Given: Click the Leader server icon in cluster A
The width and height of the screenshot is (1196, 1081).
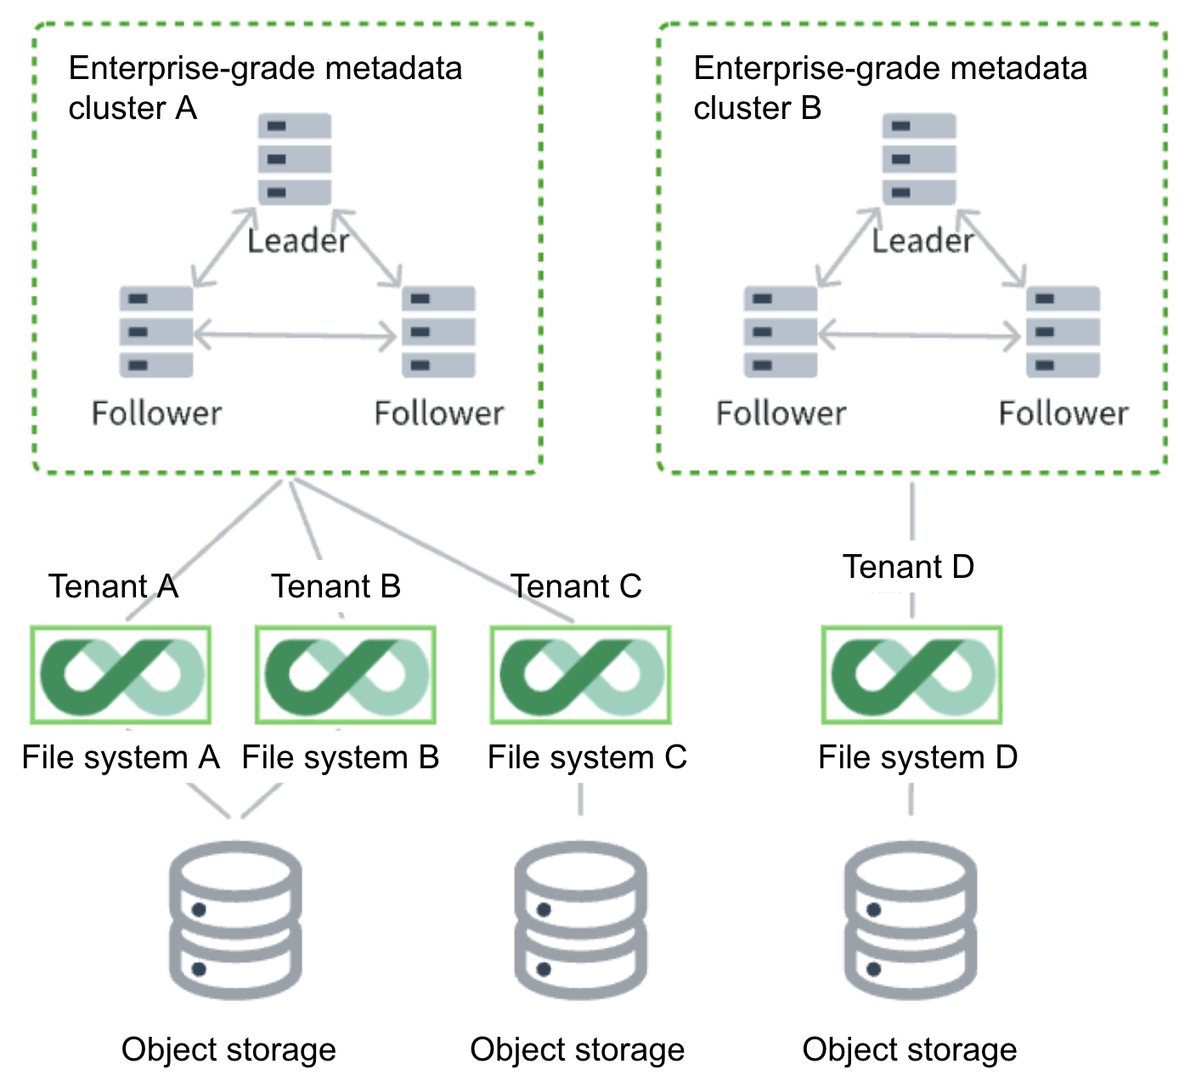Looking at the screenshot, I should [295, 159].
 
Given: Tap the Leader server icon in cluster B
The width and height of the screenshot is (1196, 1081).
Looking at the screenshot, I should [919, 159].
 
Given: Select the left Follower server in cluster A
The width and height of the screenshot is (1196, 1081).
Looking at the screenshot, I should [156, 332].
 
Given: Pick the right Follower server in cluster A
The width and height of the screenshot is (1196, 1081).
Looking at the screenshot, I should [438, 332].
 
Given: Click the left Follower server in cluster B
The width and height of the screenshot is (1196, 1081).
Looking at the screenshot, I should [781, 332].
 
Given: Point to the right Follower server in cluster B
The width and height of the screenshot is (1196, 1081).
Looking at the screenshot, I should [1063, 332].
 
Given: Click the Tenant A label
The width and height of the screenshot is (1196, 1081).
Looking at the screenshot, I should [113, 586].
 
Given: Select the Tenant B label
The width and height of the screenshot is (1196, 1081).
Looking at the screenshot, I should [336, 586].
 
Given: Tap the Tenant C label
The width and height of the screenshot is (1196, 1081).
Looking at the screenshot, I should [576, 586].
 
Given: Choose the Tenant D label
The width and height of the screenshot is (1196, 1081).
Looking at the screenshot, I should [908, 567].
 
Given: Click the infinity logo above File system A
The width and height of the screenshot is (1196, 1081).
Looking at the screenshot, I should [121, 676].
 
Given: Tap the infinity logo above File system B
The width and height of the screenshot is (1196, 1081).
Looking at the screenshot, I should [346, 676].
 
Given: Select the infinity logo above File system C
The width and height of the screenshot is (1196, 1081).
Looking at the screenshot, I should [581, 676].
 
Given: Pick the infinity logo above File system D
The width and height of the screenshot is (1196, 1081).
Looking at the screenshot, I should [911, 676].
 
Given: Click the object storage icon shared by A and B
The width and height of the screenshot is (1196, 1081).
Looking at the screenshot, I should [235, 920].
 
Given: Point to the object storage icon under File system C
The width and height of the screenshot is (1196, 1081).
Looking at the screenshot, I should [581, 920].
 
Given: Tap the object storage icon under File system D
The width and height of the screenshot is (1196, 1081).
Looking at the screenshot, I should [911, 920].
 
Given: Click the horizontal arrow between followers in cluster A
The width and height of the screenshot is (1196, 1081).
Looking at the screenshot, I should [296, 336].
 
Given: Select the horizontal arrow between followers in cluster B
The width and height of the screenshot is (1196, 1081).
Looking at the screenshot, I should [920, 336].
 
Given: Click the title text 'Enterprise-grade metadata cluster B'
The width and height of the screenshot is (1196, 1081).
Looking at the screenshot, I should [889, 88].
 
